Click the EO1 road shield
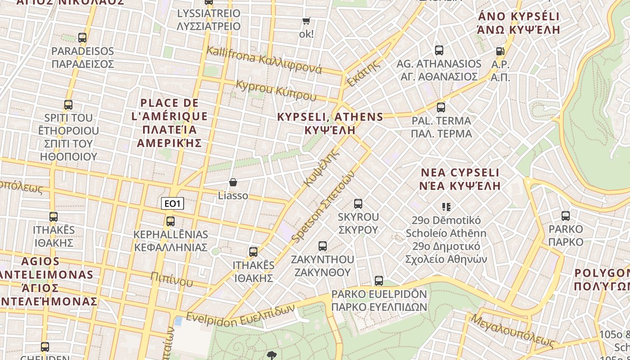[x=172, y=204]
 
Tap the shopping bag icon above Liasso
[x=233, y=182]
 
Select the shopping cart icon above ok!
[x=306, y=21]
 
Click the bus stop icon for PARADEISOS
[x=82, y=38]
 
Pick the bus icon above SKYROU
[x=358, y=204]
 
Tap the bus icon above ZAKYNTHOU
[x=323, y=246]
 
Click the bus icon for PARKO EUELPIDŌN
[x=379, y=281]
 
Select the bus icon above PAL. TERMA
[x=441, y=108]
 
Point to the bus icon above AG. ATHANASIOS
[x=439, y=50]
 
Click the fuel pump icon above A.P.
[x=500, y=51]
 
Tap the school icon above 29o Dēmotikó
[x=446, y=207]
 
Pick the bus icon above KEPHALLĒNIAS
[x=171, y=221]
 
